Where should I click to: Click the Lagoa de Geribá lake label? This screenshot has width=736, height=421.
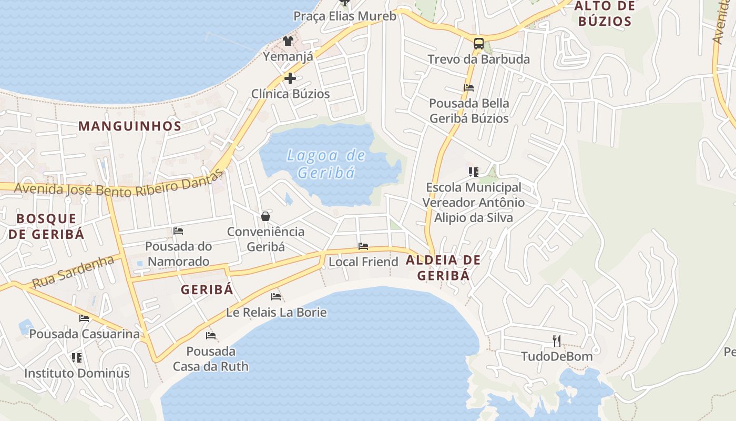tap(326, 164)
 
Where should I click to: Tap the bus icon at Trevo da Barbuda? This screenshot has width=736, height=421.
tap(478, 44)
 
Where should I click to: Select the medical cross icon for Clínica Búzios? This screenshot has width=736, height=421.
tap(290, 78)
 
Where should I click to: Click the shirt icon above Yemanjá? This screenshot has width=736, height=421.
tap(288, 41)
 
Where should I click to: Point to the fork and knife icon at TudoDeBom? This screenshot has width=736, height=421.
tap(557, 341)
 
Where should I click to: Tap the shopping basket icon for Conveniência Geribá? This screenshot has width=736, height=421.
tap(265, 216)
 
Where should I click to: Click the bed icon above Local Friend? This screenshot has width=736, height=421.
tap(363, 246)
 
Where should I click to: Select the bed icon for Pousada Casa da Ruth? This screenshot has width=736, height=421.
tap(211, 335)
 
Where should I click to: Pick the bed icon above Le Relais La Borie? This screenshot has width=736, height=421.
tap(276, 297)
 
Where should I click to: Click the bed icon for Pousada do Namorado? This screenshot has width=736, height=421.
tap(178, 230)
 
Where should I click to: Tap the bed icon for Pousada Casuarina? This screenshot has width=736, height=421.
tap(84, 318)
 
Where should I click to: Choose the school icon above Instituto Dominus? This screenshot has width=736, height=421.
tap(77, 358)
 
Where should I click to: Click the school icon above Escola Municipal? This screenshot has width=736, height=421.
tap(473, 172)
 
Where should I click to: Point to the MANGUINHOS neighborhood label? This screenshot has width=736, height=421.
tap(130, 126)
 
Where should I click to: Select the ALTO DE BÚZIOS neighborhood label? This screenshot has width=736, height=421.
tap(605, 14)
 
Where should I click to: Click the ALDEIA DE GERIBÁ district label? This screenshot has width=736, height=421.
tap(443, 267)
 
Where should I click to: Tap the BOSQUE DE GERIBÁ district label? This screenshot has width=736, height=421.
tap(46, 226)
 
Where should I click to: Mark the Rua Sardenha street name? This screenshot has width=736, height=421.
tap(73, 272)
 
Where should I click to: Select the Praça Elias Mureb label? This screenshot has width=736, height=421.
tap(344, 16)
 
